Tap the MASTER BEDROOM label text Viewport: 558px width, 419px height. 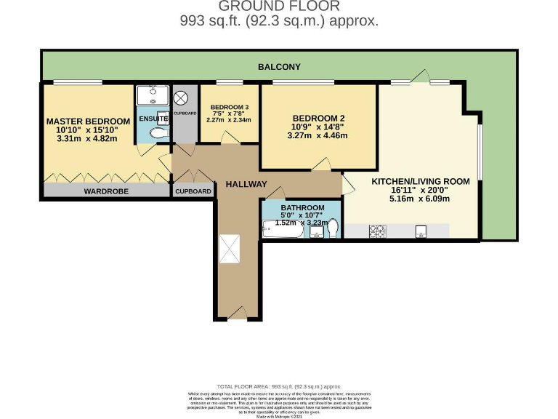pyautogui.click(x=88, y=121)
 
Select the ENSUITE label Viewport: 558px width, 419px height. pyautogui.click(x=153, y=118)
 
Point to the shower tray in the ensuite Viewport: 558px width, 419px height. pyautogui.click(x=153, y=96)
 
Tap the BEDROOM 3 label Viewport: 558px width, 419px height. pyautogui.click(x=230, y=108)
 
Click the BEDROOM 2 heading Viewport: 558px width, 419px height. pyautogui.click(x=318, y=119)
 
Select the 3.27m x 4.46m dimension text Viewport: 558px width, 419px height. pyautogui.click(x=318, y=135)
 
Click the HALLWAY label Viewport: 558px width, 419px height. pyautogui.click(x=246, y=184)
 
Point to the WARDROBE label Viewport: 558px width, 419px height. pyautogui.click(x=106, y=191)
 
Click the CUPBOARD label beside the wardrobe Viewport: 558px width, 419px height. pyautogui.click(x=193, y=191)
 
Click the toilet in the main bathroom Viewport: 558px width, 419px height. pyautogui.click(x=333, y=228)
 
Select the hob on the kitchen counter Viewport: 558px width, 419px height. pyautogui.click(x=378, y=231)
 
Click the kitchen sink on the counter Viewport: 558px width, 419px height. pyautogui.click(x=421, y=231)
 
